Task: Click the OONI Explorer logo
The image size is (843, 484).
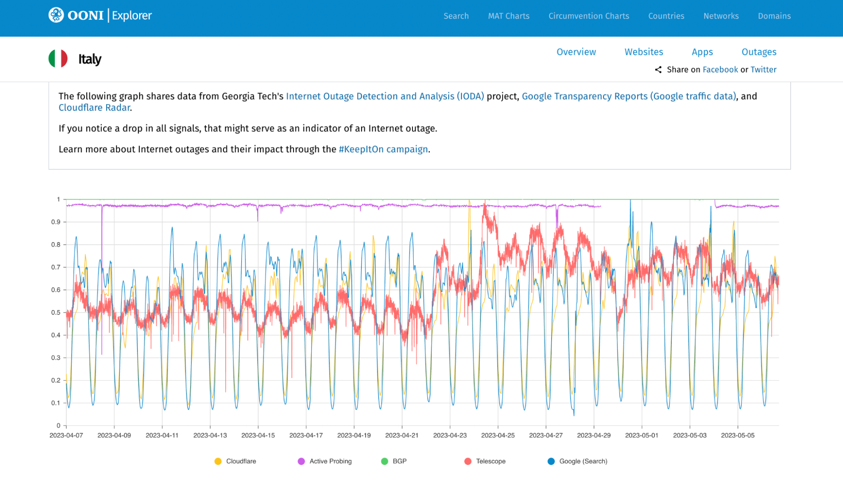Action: [x=100, y=16]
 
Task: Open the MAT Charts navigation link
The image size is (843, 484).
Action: [x=509, y=16]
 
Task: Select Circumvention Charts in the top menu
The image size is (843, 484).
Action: [x=589, y=16]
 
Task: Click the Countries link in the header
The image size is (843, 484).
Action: [x=666, y=16]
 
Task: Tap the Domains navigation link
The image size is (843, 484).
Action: [x=774, y=16]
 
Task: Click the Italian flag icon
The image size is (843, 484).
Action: [x=58, y=59]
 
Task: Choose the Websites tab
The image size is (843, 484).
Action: [x=644, y=52]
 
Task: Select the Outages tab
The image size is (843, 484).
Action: [x=759, y=52]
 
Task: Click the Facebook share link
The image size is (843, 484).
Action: [x=720, y=70]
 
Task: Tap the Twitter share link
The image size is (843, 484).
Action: [x=763, y=70]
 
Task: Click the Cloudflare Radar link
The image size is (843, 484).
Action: [x=94, y=108]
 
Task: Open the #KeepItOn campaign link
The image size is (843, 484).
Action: [x=383, y=149]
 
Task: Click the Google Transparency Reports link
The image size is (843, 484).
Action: [x=629, y=96]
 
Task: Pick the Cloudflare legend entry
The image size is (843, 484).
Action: [x=235, y=461]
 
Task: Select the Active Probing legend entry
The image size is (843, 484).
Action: [x=325, y=461]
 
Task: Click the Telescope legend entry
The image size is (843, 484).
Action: [x=485, y=461]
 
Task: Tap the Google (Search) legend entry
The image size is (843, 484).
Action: [x=577, y=461]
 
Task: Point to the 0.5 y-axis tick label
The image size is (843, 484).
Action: [x=56, y=313]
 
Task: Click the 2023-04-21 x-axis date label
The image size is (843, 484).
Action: [x=401, y=435]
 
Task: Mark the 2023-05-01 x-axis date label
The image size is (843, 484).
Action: [x=641, y=435]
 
